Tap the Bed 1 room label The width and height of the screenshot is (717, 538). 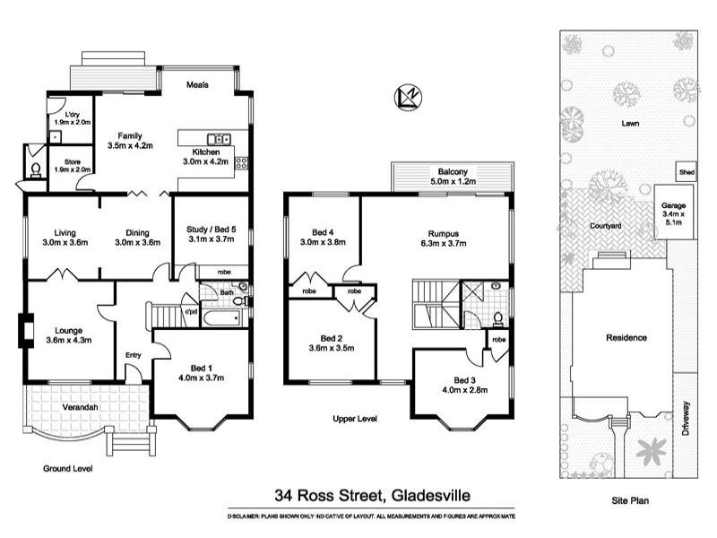200,368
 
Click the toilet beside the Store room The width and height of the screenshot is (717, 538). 35,168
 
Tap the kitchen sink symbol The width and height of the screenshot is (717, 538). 219,139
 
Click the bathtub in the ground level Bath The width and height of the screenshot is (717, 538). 220,317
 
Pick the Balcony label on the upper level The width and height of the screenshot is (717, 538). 453,171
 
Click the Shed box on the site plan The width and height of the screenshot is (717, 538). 687,171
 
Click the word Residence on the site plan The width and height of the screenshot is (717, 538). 626,338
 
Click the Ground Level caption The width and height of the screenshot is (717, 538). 68,468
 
